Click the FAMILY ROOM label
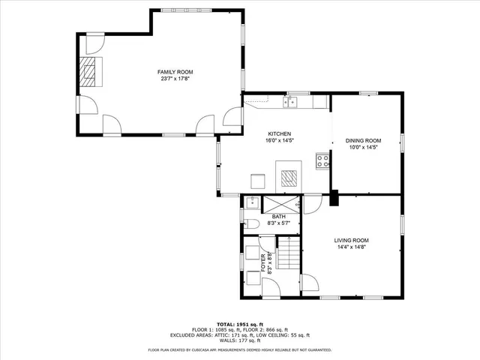coord(169,71)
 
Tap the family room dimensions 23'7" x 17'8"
coord(169,79)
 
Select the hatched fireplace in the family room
coord(90,73)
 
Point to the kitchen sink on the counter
coord(292,102)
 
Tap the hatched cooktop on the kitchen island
coord(289,177)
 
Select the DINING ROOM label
coord(363,140)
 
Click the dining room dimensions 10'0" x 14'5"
coord(363,148)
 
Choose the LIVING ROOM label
coord(351,240)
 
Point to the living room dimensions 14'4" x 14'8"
coord(351,247)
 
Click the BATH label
coord(268,216)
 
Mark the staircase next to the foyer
coord(289,253)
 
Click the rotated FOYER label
coord(263,263)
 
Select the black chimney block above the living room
coord(334,199)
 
